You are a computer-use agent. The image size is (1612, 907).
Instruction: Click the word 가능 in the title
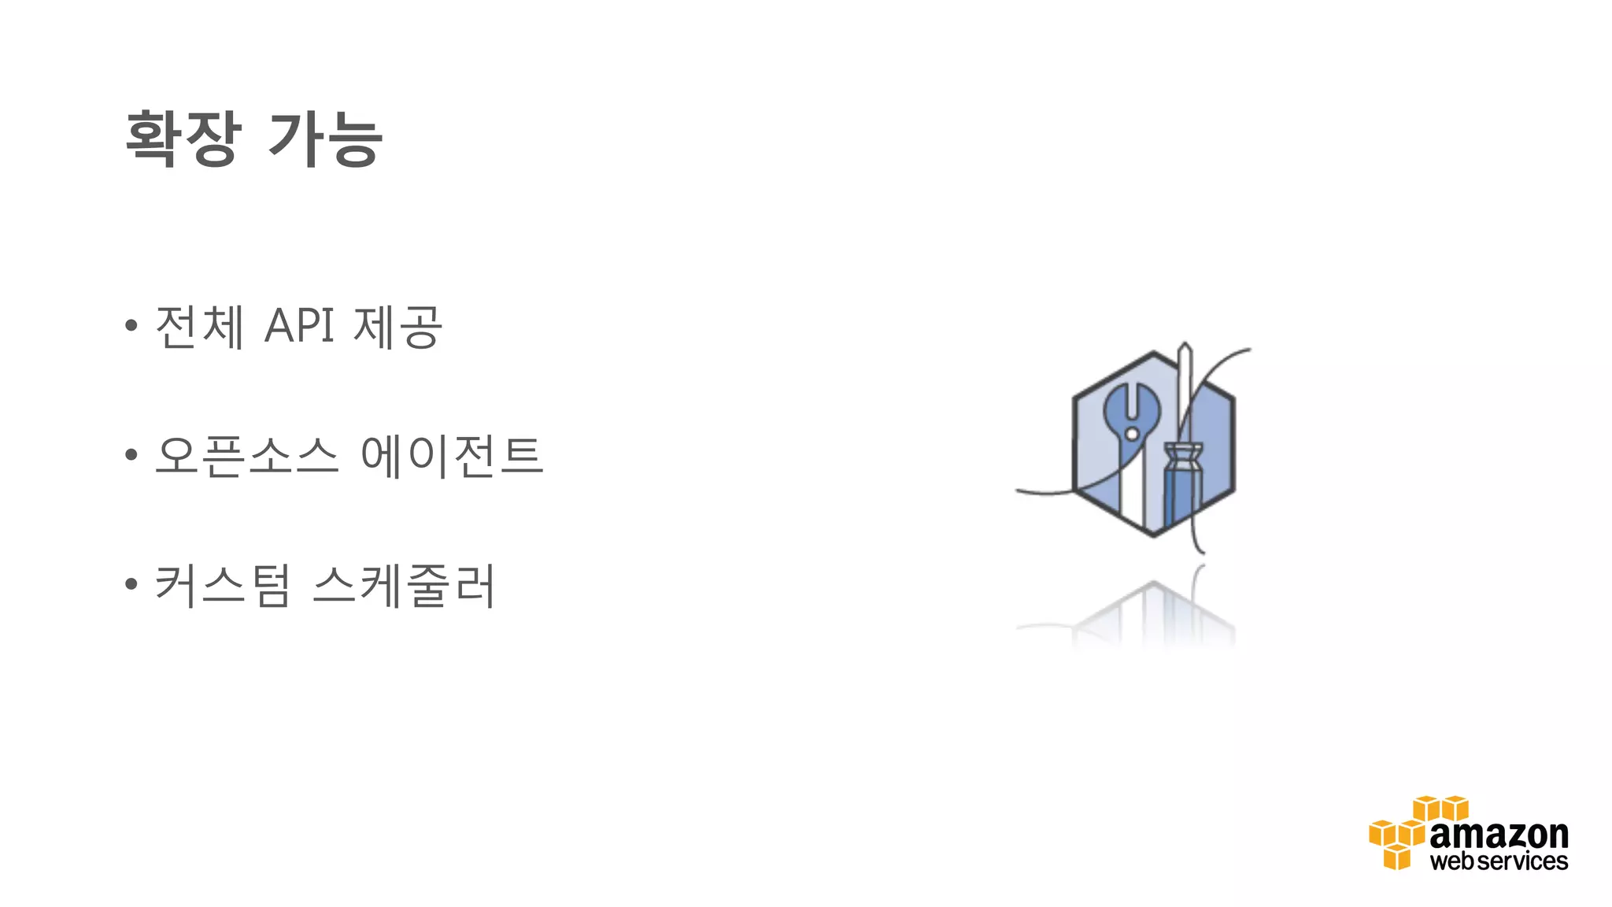[325, 139]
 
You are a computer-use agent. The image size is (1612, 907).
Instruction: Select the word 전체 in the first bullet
[200, 326]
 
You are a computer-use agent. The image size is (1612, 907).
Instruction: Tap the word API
[299, 326]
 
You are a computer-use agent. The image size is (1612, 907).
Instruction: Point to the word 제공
[398, 326]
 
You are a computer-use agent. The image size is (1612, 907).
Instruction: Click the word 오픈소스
[246, 455]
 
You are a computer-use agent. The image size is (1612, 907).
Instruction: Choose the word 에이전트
[452, 455]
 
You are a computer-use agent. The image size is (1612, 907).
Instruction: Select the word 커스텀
[223, 585]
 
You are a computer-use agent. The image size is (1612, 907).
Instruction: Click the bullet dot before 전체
[131, 325]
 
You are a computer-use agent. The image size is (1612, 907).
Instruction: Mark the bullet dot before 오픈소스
[131, 454]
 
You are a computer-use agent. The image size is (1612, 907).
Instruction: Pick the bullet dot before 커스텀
[131, 584]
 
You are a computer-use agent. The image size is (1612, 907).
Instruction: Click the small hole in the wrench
[1132, 434]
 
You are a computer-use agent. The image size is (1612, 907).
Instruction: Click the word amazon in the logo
[1499, 835]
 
